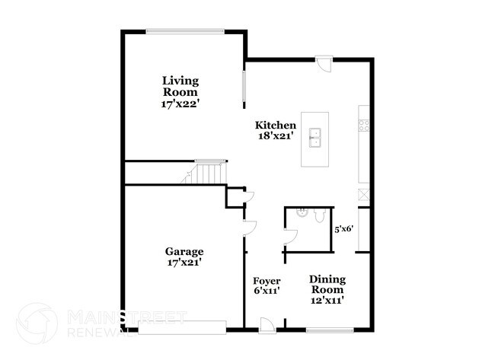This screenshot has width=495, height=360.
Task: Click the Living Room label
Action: (180, 86)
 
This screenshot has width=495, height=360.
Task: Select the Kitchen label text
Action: (275, 125)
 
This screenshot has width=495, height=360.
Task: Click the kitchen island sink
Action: (315, 138)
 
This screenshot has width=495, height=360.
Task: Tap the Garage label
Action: (184, 251)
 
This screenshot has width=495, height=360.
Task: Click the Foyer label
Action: (267, 279)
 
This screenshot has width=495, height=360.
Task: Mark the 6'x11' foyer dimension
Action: (267, 290)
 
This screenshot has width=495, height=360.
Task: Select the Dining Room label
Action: (327, 284)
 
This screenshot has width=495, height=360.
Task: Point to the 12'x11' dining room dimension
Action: (327, 300)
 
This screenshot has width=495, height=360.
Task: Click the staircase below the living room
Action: (204, 173)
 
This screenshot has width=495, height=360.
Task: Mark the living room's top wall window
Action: (184, 31)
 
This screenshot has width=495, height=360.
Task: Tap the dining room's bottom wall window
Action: (329, 329)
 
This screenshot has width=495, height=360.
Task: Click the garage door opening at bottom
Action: (183, 328)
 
